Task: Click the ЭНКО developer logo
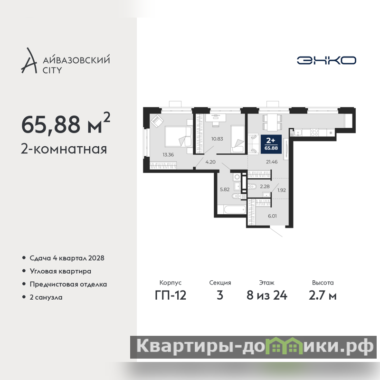326,60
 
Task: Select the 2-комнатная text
64,149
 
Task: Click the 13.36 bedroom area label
168,155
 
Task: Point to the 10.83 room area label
217,139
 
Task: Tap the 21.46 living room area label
272,162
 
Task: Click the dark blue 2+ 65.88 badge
271,144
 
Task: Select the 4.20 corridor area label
210,162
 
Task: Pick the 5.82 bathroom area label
225,190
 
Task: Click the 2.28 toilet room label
265,186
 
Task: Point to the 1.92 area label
282,190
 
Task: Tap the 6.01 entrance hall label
272,216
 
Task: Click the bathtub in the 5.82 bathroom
235,209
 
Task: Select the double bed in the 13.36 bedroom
179,136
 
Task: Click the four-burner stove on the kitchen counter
314,133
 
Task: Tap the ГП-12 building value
171,295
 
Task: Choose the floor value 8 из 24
267,295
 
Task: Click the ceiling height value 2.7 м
323,295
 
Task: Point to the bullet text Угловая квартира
61,271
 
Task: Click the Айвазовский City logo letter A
29,61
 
